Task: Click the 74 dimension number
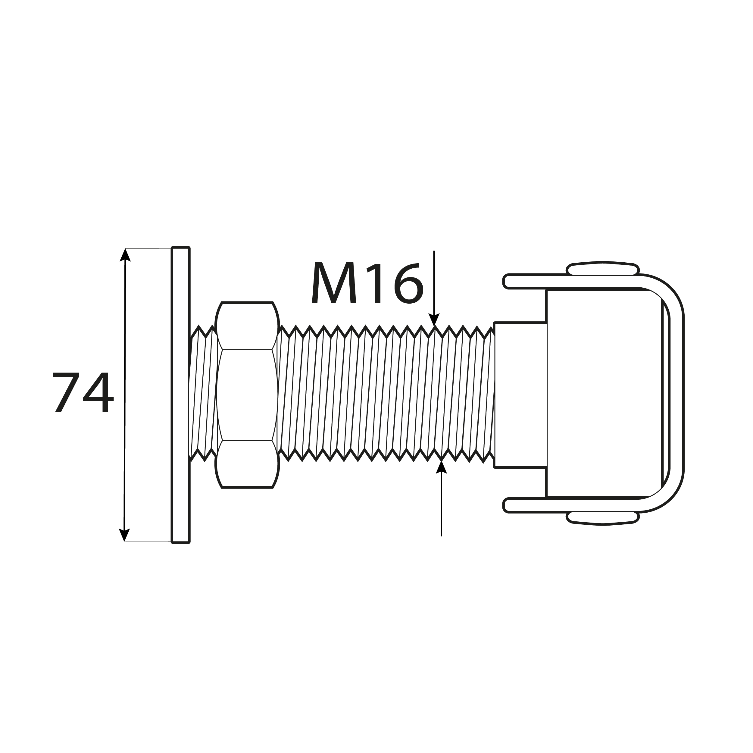pyautogui.click(x=83, y=392)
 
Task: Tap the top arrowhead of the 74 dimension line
pyautogui.click(x=125, y=255)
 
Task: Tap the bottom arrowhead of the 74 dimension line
pyautogui.click(x=124, y=535)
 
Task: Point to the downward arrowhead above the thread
pyautogui.click(x=434, y=319)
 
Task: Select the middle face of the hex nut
pyautogui.click(x=247, y=395)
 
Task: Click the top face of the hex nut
pyautogui.click(x=247, y=326)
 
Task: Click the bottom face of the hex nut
pyautogui.click(x=247, y=464)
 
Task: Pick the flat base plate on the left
pyautogui.click(x=181, y=395)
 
